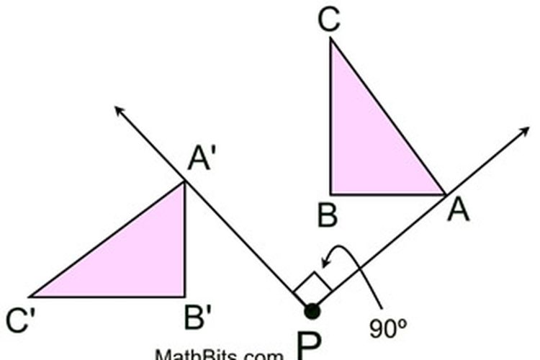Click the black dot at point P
click(x=312, y=311)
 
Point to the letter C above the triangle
click(x=328, y=21)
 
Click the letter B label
click(x=328, y=215)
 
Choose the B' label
click(x=197, y=318)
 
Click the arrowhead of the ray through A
click(x=524, y=132)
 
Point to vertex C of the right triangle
click(x=331, y=38)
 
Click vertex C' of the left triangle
click(x=31, y=296)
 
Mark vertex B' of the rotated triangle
click(x=185, y=296)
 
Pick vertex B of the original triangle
click(x=331, y=194)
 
